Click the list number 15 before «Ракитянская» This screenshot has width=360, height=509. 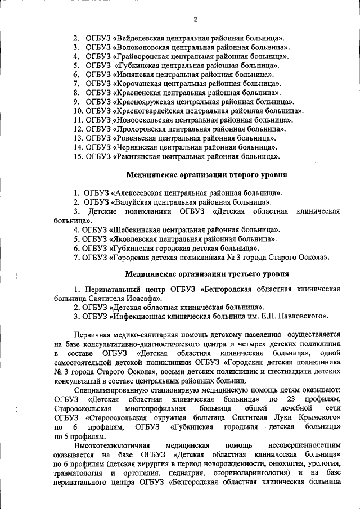pyautogui.click(x=78, y=156)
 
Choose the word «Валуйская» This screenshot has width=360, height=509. pyautogui.click(x=135, y=202)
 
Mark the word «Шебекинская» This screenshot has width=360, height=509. pyautogui.click(x=139, y=229)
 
